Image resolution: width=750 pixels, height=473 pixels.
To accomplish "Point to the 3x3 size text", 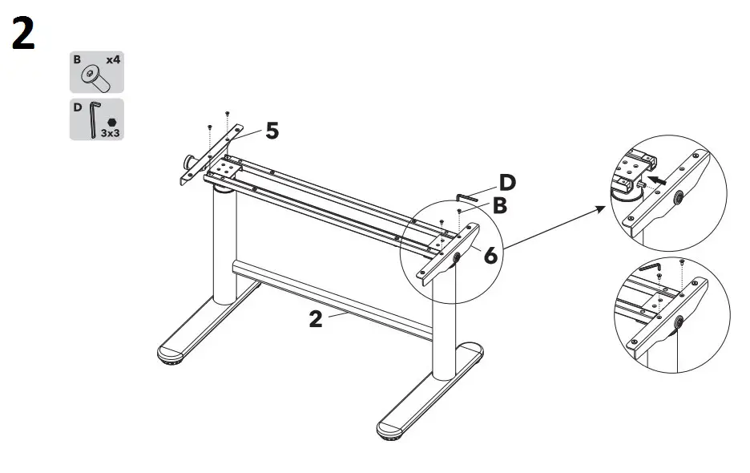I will (111, 133).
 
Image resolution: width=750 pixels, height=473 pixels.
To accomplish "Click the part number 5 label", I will (272, 131).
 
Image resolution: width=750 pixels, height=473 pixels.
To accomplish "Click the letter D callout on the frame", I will (506, 183).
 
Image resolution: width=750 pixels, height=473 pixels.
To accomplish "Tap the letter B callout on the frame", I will (499, 206).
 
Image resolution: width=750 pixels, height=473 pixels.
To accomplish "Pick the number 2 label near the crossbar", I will (316, 319).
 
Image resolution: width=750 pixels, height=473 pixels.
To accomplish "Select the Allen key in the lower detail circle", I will (650, 266).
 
